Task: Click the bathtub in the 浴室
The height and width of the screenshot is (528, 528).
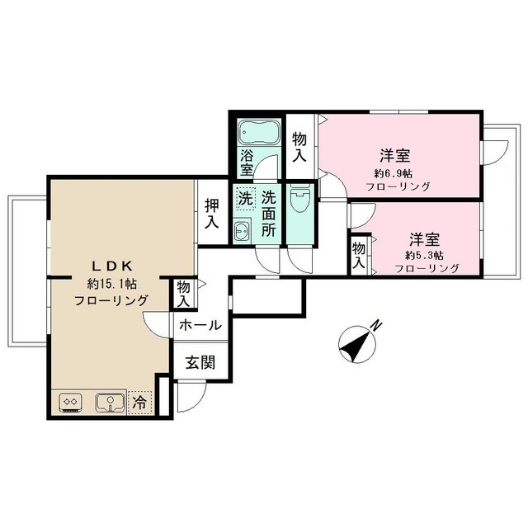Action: [x=259, y=132]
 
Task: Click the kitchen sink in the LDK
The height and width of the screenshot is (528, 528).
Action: [x=110, y=403]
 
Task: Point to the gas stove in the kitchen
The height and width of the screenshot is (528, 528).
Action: [x=70, y=403]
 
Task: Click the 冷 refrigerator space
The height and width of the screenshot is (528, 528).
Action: [x=139, y=403]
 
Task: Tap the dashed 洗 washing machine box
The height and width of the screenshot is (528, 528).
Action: [x=246, y=198]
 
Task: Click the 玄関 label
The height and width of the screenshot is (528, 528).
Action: [x=200, y=363]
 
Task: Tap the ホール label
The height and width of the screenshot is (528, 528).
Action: [x=200, y=326]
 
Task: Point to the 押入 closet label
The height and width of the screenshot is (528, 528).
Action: [x=212, y=214]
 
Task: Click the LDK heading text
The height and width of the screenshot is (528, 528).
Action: [x=112, y=266]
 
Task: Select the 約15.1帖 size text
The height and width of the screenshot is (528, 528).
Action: [x=112, y=284]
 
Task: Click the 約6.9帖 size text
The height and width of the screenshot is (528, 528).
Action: [x=394, y=174]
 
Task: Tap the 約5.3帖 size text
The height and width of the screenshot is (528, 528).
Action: [x=424, y=256]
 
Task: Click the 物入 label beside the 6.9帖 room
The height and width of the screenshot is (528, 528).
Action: [x=299, y=147]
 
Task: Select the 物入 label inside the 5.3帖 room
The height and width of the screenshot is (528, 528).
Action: [x=359, y=256]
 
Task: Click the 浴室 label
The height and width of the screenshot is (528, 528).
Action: [x=247, y=163]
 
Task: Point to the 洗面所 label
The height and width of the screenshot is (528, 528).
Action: [x=269, y=214]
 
